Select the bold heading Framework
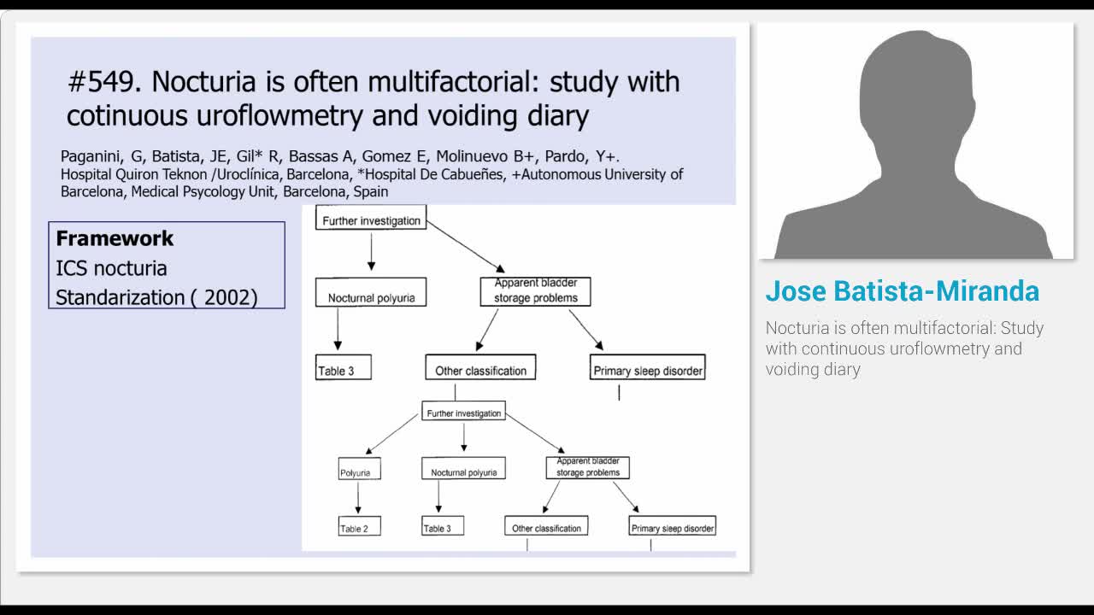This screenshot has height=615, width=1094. click(x=115, y=238)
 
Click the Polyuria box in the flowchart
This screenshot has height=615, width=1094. click(x=360, y=471)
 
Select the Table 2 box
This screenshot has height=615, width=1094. click(x=359, y=527)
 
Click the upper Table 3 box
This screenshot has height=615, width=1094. click(x=344, y=370)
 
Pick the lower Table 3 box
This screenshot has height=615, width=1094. click(x=442, y=527)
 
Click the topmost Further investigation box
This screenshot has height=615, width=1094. click(x=371, y=220)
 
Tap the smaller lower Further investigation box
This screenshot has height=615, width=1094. click(x=464, y=413)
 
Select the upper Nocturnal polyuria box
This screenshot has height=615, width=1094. click(x=371, y=297)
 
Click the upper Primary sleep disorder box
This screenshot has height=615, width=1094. click(x=648, y=370)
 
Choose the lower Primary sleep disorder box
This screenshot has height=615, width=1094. click(x=673, y=527)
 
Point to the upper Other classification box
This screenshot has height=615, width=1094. click(x=480, y=370)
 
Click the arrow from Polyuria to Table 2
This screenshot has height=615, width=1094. click(x=358, y=498)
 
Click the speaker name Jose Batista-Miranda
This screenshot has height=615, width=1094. click(x=902, y=291)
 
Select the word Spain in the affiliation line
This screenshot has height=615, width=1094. click(x=371, y=191)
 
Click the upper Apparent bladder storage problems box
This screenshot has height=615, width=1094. click(x=536, y=291)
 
